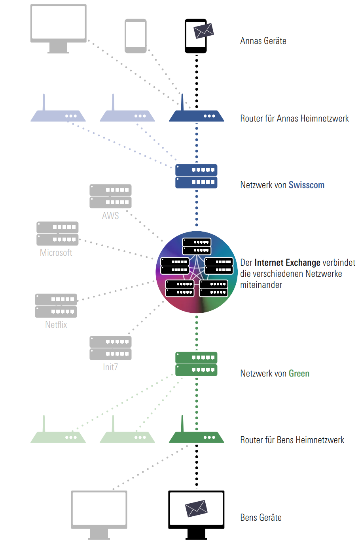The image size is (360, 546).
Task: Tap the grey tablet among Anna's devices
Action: tap(136, 36)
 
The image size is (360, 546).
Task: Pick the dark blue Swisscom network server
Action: tap(196, 176)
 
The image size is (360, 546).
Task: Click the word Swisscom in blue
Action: tap(306, 185)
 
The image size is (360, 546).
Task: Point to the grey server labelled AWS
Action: tap(110, 196)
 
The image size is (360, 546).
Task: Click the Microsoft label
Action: tap(56, 253)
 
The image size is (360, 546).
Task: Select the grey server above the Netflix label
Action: tap(56, 305)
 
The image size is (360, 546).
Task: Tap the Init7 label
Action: tap(110, 367)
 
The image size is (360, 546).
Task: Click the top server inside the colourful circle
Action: tap(197, 246)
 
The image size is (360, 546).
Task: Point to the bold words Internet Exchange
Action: tap(287, 263)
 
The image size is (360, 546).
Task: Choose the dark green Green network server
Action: tap(196, 364)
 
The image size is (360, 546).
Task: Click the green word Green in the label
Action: tap(299, 374)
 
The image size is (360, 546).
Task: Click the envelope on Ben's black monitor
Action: tap(197, 508)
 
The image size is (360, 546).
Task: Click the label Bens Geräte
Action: tap(261, 518)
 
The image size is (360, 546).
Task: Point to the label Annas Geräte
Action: tap(263, 41)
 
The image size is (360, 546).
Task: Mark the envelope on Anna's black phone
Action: tap(203, 30)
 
